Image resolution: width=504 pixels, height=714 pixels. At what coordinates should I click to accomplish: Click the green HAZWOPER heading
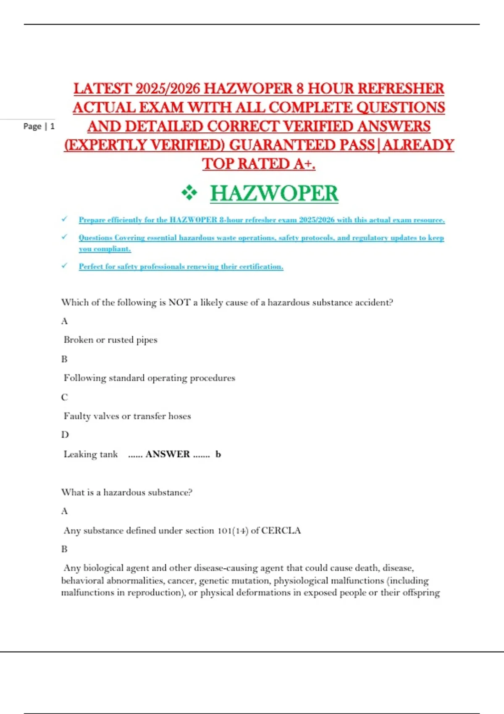(x=274, y=194)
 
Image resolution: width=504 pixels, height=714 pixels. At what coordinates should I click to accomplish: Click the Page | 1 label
(x=39, y=126)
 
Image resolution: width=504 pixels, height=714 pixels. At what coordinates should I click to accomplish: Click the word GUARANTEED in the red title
(x=302, y=145)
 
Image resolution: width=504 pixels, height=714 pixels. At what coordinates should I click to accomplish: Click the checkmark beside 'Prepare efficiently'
(x=64, y=219)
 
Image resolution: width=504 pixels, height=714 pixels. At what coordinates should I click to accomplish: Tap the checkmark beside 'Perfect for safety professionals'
(x=64, y=266)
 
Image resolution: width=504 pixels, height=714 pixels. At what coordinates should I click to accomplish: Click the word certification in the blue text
(x=261, y=267)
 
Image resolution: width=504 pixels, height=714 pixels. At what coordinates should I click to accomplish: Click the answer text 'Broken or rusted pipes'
(x=110, y=340)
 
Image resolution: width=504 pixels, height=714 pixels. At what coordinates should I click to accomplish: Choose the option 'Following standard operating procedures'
(x=150, y=378)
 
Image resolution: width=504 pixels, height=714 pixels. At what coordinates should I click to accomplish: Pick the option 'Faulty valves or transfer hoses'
(x=127, y=416)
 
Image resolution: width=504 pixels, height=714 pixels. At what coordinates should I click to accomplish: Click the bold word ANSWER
(x=168, y=454)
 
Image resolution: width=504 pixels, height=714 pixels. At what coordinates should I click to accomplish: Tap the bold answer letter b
(x=218, y=454)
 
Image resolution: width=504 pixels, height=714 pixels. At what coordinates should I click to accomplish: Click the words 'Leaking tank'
(x=91, y=454)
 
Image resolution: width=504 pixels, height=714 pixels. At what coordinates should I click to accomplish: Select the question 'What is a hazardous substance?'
(x=127, y=492)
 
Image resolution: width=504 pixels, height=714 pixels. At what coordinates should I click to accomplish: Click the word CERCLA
(x=281, y=530)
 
